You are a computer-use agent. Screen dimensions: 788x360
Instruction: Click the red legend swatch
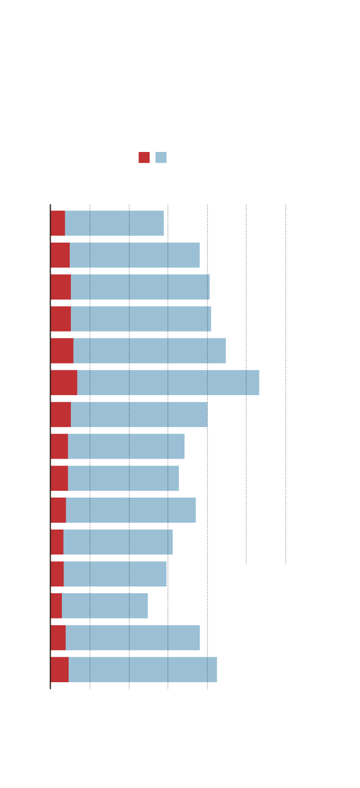tap(144, 158)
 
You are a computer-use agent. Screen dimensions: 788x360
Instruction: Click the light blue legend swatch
tap(161, 158)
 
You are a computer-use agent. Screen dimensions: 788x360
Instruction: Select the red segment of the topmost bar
tap(57, 223)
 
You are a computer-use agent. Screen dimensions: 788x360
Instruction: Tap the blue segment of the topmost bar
tap(114, 223)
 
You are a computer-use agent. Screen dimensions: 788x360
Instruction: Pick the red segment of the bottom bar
tap(59, 669)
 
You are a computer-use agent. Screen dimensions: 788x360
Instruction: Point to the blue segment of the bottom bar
tap(142, 669)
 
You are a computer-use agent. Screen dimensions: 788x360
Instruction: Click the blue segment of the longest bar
tap(168, 383)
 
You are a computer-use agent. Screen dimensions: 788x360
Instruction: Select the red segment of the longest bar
tap(64, 383)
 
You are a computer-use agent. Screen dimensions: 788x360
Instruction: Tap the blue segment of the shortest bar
tap(105, 606)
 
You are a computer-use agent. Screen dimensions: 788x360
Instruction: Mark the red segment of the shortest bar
tap(56, 606)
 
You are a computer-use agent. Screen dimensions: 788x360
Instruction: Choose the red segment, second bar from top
tap(60, 255)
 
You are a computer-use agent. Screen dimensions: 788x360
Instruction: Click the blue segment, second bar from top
tap(134, 255)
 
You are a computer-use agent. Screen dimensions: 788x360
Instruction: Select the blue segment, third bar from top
tap(140, 287)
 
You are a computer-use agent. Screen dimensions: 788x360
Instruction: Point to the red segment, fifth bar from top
tap(61, 351)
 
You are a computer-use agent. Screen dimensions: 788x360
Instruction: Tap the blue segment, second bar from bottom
tap(133, 638)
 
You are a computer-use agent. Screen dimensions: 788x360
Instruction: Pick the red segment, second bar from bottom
tap(58, 638)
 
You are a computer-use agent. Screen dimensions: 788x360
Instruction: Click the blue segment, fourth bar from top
tap(141, 319)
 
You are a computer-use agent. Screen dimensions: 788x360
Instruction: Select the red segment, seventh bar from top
tap(60, 414)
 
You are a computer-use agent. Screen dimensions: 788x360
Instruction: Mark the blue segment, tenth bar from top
tap(130, 510)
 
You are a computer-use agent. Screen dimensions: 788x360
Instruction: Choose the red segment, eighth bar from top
tap(59, 446)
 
